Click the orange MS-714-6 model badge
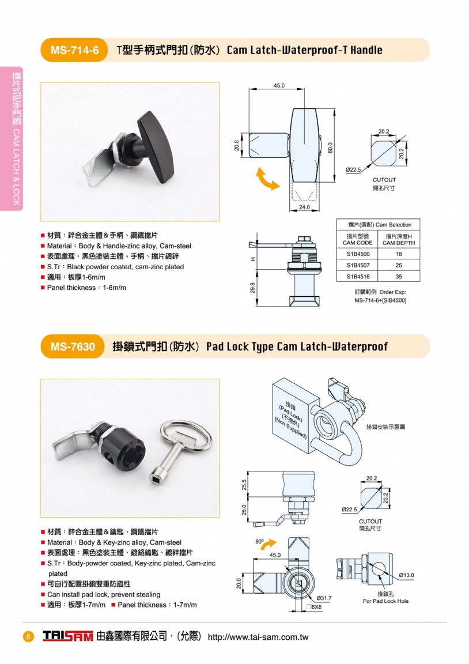(x=74, y=50)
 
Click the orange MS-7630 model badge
(x=73, y=346)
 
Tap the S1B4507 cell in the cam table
(x=358, y=265)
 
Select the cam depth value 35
(x=399, y=277)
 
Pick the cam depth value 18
(x=399, y=254)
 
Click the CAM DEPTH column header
(x=399, y=240)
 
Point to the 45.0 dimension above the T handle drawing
(x=279, y=85)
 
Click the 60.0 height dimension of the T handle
(x=331, y=148)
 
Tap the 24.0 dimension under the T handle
(x=304, y=207)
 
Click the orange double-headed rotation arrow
(x=268, y=178)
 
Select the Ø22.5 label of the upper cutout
(x=353, y=170)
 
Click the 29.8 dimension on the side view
(x=253, y=288)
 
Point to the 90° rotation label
(x=259, y=542)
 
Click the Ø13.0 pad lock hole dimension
(x=406, y=575)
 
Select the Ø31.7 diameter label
(x=324, y=598)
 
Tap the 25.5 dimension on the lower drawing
(x=244, y=484)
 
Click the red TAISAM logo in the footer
(x=67, y=636)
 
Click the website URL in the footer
(x=258, y=637)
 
